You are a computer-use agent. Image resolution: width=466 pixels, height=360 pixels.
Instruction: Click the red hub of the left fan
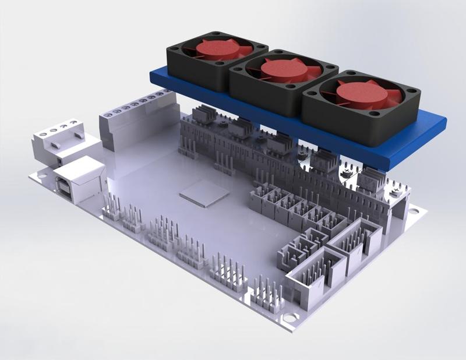coord(217,49)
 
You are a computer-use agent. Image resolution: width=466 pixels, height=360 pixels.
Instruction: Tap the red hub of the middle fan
coord(283,70)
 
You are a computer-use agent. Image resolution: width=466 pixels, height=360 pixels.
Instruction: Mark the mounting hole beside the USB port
coord(41,172)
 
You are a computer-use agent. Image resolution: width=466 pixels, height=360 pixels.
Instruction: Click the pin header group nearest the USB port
coord(112,205)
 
